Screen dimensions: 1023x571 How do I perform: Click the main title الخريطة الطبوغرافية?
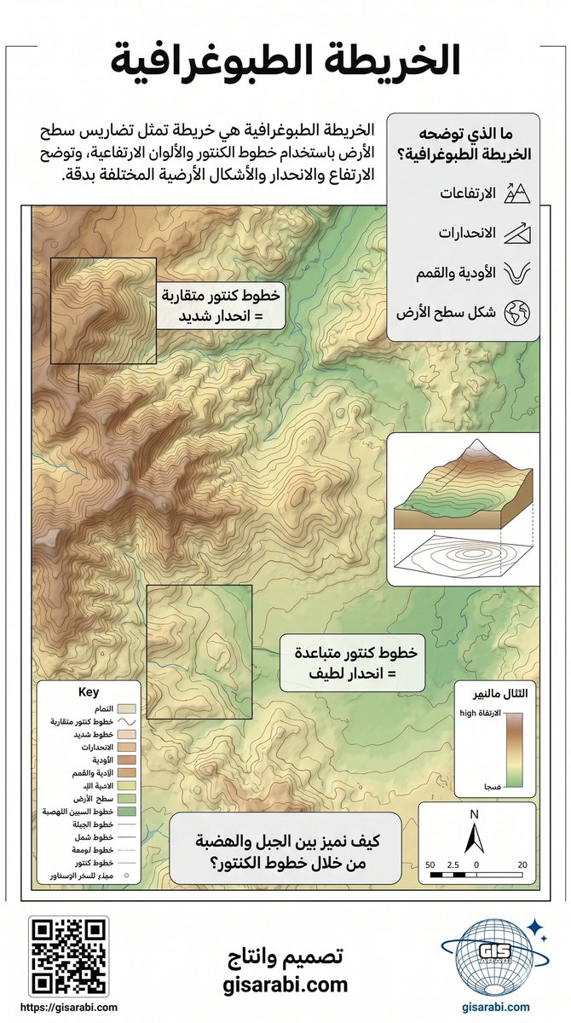click(x=285, y=61)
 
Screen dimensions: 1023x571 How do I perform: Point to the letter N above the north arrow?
click(x=476, y=815)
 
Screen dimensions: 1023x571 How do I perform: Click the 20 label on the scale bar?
click(x=522, y=864)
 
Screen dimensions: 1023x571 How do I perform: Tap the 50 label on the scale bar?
click(x=430, y=864)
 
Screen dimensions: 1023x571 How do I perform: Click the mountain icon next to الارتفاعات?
click(x=517, y=194)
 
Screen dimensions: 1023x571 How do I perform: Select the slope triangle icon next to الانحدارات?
click(x=517, y=232)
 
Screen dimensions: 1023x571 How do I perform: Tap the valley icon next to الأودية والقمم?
click(x=517, y=272)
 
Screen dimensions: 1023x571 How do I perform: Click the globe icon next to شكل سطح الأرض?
click(x=517, y=312)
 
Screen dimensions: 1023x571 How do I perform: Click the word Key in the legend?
click(x=89, y=692)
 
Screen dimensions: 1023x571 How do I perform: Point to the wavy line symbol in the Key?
click(x=124, y=721)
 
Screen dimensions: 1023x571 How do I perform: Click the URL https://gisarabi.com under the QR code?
click(x=68, y=1007)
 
